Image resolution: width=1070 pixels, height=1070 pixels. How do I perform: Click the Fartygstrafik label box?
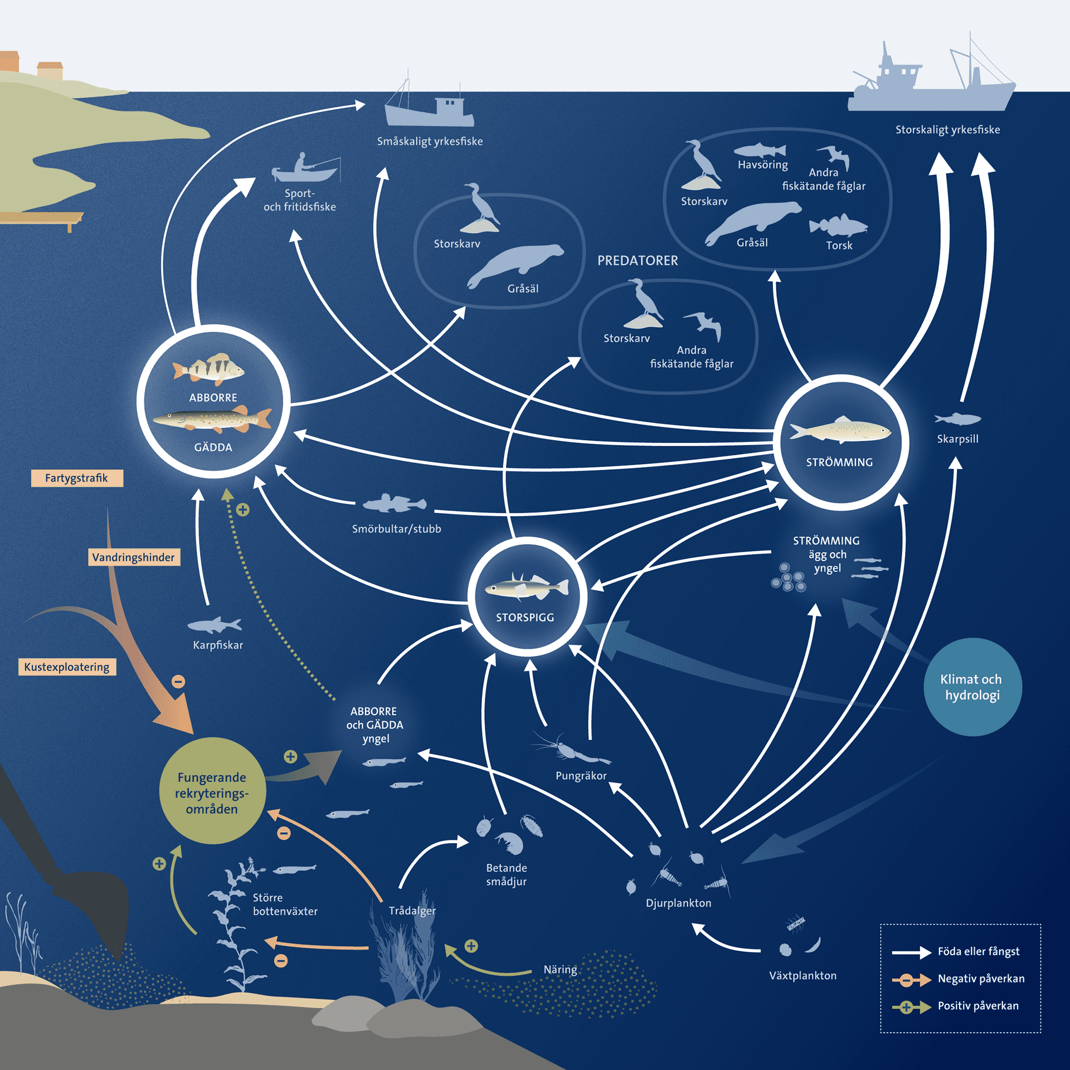click(77, 478)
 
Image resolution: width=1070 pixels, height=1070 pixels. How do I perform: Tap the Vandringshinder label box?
click(134, 557)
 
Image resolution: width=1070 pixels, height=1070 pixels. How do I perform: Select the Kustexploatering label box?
click(67, 667)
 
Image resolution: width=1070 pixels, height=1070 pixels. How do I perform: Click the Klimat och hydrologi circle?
click(972, 687)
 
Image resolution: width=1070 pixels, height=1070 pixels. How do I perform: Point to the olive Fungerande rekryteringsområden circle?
click(212, 792)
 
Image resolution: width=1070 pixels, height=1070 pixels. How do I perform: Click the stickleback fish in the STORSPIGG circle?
click(527, 587)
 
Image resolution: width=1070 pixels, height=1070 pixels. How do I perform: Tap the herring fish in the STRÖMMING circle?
click(840, 430)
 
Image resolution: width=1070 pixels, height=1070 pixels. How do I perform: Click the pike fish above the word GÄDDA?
click(212, 420)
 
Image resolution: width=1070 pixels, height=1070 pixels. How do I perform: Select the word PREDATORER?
click(638, 261)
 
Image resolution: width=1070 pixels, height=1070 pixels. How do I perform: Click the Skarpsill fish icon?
click(957, 419)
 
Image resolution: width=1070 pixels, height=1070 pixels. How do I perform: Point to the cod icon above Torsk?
click(838, 226)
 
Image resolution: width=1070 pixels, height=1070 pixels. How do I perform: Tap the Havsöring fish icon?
click(760, 150)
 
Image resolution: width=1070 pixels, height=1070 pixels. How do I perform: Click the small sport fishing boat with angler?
click(305, 169)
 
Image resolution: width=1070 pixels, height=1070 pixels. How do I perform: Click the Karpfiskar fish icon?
click(215, 625)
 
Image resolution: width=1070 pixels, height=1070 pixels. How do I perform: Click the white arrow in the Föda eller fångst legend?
click(911, 952)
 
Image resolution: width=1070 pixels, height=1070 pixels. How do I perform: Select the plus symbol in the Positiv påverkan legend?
click(907, 1007)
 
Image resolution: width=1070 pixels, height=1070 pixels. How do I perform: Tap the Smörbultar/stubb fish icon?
click(394, 504)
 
